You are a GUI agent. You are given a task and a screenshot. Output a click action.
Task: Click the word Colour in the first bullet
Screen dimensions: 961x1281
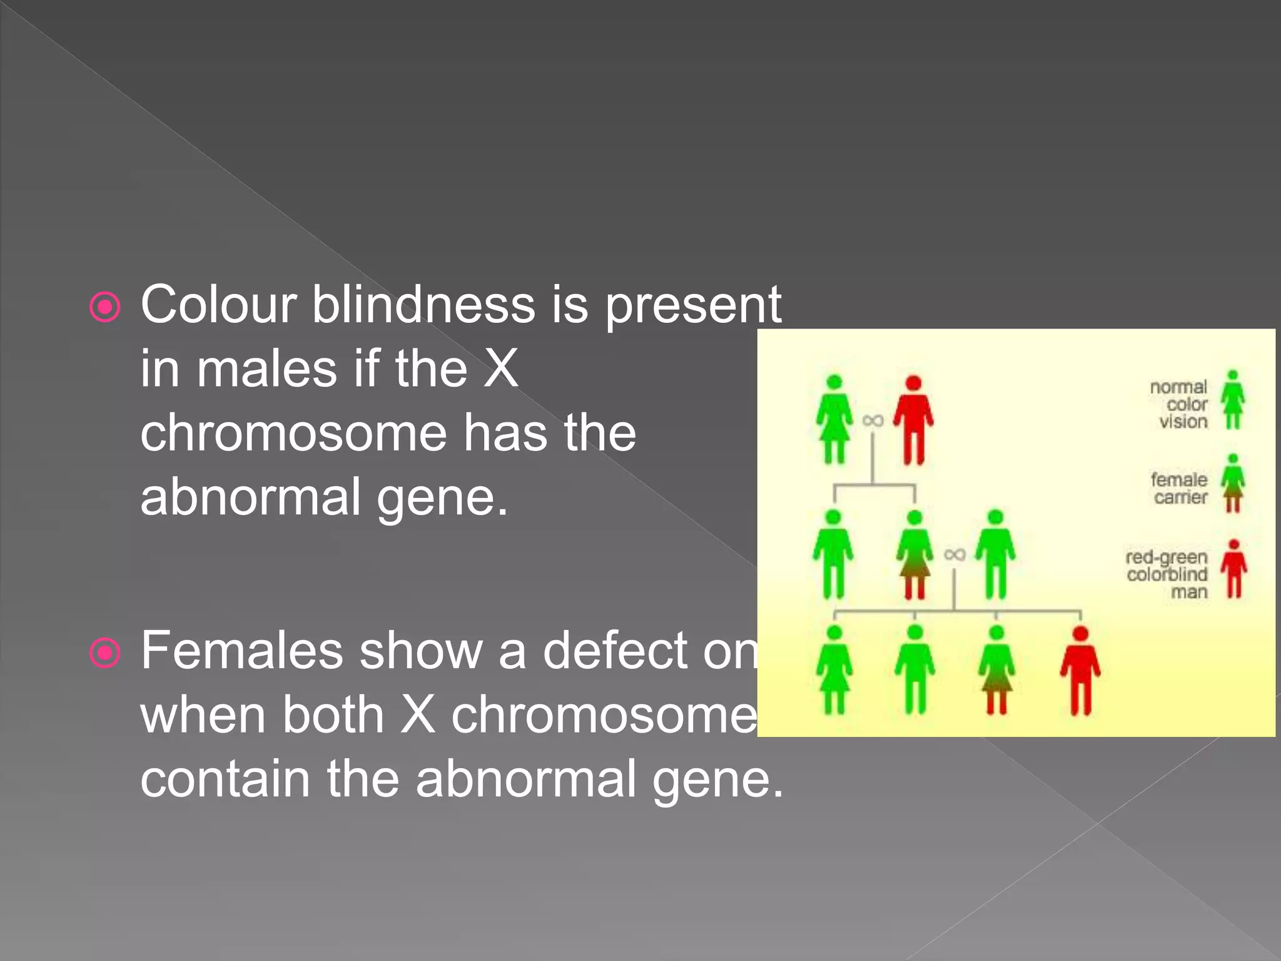coord(218,305)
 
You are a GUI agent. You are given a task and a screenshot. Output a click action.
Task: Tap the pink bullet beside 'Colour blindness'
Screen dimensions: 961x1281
coord(104,307)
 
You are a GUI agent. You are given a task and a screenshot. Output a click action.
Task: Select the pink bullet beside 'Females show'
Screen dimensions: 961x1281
coord(104,653)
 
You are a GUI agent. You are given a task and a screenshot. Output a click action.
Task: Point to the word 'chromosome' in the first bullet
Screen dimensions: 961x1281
coord(293,433)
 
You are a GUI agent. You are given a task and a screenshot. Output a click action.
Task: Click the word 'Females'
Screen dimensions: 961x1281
coord(241,651)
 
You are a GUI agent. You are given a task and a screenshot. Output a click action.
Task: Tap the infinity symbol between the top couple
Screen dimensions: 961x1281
coord(873,420)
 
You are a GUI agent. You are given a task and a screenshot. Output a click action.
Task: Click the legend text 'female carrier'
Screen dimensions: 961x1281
coord(1179,488)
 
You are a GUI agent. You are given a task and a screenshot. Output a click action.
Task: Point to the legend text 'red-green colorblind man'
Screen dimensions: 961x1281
coord(1167,574)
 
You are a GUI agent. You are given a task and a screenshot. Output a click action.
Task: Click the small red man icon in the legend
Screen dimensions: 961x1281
coord(1233,569)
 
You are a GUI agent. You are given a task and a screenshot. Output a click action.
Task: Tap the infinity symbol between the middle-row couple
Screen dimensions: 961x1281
coord(954,554)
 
